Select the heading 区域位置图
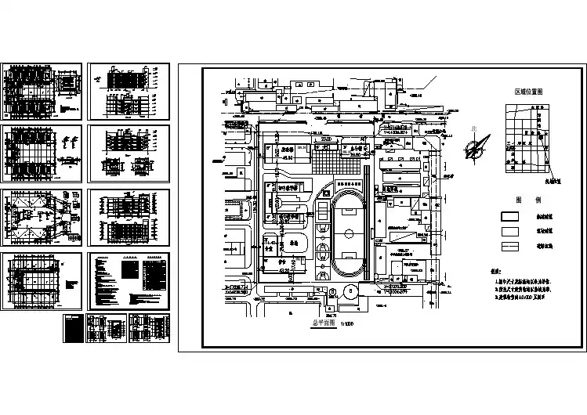(529, 92)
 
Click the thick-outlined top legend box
(513, 216)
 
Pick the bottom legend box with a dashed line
(513, 247)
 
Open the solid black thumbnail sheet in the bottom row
(73, 328)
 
